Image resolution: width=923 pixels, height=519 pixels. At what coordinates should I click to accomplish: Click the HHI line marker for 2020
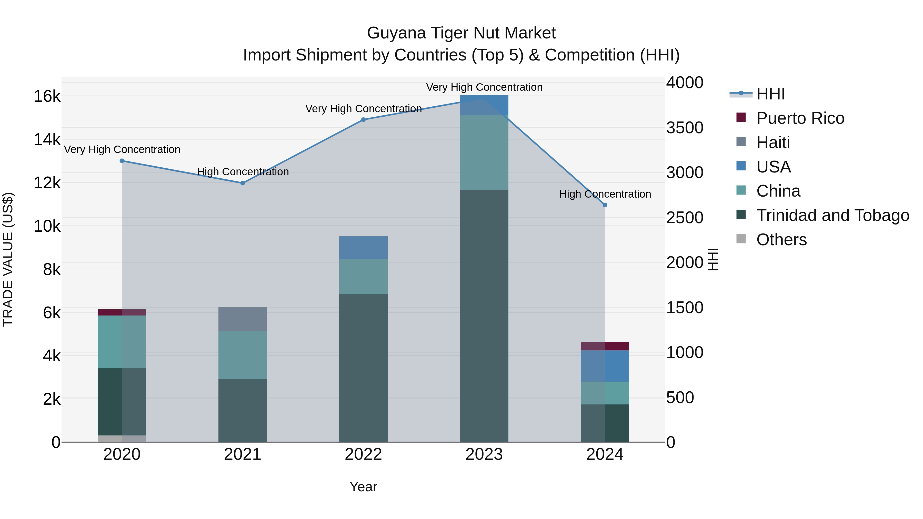pyautogui.click(x=122, y=161)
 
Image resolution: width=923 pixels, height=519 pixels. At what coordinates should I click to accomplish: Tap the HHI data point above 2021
pyautogui.click(x=243, y=183)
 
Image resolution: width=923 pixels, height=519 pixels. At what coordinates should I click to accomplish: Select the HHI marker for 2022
pyautogui.click(x=363, y=120)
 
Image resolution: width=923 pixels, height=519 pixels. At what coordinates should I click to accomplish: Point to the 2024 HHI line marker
pyautogui.click(x=605, y=205)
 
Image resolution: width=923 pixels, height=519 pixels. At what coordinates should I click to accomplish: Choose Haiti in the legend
pyautogui.click(x=773, y=143)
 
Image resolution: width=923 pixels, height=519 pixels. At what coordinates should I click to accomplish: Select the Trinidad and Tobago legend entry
pyautogui.click(x=832, y=215)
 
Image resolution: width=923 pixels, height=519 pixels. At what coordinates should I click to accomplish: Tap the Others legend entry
pyautogui.click(x=781, y=240)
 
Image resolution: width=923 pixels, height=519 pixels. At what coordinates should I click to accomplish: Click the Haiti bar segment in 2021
pyautogui.click(x=243, y=319)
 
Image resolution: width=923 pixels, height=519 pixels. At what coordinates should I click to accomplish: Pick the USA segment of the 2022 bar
pyautogui.click(x=363, y=248)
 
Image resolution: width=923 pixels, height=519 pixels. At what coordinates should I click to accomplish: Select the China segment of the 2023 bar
pyautogui.click(x=484, y=152)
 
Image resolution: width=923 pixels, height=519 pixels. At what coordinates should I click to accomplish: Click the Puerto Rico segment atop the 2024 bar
pyautogui.click(x=605, y=346)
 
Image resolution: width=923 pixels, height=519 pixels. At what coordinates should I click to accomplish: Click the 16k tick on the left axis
pyautogui.click(x=47, y=96)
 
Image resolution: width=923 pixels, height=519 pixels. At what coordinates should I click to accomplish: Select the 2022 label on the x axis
pyautogui.click(x=363, y=454)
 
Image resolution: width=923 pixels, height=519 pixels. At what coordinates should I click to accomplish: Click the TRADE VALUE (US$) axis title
pyautogui.click(x=8, y=259)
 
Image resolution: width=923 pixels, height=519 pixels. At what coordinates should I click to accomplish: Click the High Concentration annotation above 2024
pyautogui.click(x=605, y=194)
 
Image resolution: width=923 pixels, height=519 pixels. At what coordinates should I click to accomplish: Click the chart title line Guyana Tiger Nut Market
pyautogui.click(x=461, y=33)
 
